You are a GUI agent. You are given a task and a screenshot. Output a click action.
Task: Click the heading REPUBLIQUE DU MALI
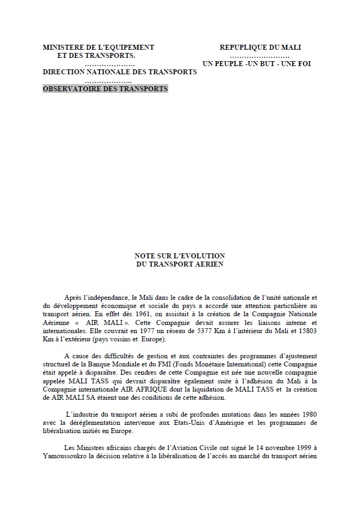[x=261, y=48]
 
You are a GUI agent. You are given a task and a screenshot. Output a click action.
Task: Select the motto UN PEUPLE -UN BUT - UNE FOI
[x=257, y=64]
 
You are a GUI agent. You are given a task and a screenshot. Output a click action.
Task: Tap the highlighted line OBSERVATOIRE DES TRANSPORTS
[x=105, y=88]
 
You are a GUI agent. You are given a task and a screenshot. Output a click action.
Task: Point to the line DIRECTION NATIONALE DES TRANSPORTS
[x=120, y=72]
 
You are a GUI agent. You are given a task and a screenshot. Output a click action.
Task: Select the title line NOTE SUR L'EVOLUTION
[x=180, y=256]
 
